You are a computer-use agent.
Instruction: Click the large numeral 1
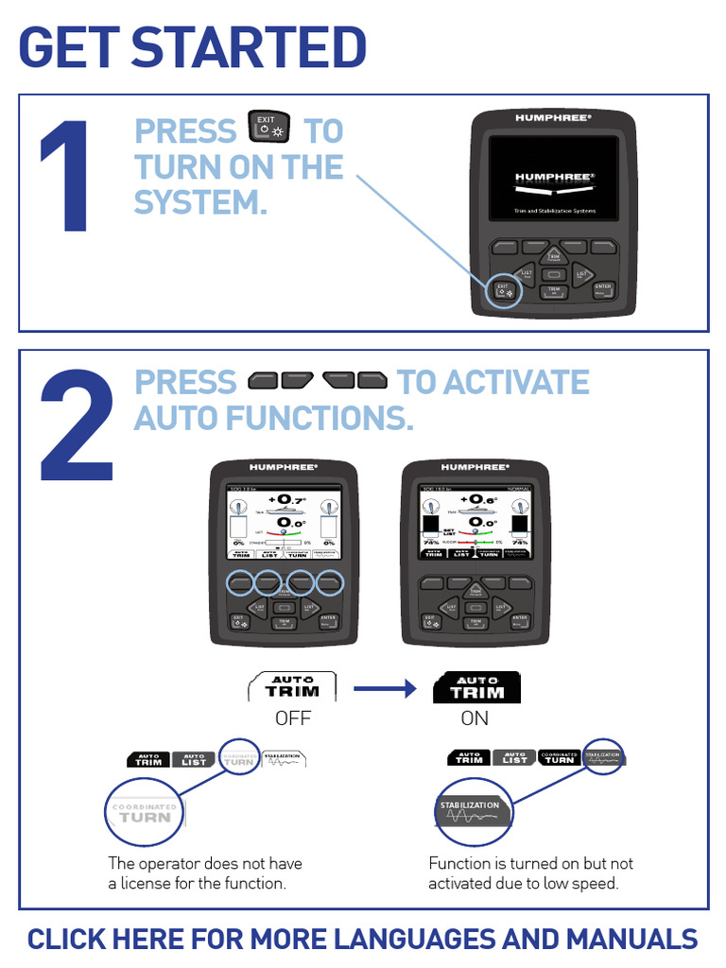click(x=66, y=178)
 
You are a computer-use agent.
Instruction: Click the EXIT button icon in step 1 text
click(x=269, y=129)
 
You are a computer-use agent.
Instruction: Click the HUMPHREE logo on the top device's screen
click(x=554, y=177)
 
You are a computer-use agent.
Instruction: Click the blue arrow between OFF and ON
click(x=385, y=689)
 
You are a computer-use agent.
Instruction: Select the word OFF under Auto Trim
click(x=293, y=718)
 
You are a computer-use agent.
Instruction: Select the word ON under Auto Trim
click(x=475, y=718)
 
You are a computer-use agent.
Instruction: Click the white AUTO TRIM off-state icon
click(x=293, y=686)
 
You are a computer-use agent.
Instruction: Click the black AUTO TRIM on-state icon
click(x=476, y=686)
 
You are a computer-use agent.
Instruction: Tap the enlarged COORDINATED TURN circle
click(x=145, y=812)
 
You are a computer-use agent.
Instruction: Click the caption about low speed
click(x=530, y=873)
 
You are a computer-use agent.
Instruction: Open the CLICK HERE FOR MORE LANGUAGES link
click(x=362, y=940)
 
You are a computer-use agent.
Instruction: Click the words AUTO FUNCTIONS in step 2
click(x=274, y=417)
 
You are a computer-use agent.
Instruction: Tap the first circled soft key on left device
click(x=241, y=581)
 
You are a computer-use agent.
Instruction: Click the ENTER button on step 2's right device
click(x=516, y=620)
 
